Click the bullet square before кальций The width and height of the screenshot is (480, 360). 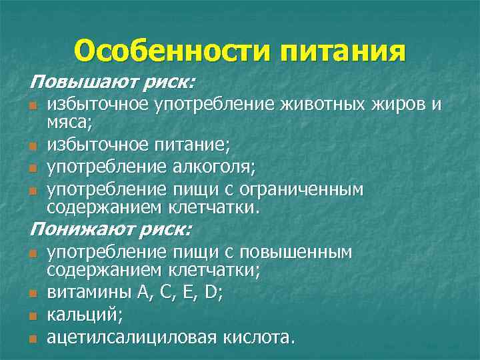pos(33,314)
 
